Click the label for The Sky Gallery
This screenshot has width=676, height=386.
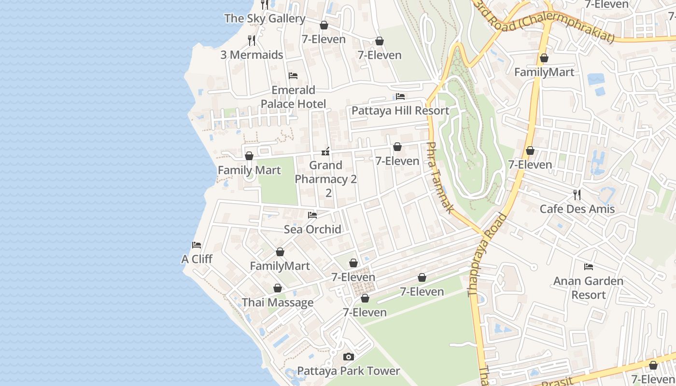265,18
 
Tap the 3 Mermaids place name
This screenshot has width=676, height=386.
252,55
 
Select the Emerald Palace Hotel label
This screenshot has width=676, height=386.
293,97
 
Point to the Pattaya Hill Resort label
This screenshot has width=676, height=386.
400,110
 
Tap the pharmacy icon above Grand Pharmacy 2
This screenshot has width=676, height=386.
326,152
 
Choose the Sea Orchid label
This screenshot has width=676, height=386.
312,229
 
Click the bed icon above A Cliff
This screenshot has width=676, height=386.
197,245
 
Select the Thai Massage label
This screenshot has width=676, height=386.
278,303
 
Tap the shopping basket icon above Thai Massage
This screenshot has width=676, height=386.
278,289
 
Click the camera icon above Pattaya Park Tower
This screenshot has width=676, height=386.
348,357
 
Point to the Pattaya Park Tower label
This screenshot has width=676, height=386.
348,371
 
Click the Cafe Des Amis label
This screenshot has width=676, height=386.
577,209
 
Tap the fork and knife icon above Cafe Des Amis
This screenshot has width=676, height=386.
577,195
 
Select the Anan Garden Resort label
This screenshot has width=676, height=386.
588,288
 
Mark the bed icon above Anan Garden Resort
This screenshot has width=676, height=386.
588,266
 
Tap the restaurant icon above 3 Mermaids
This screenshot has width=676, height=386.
252,41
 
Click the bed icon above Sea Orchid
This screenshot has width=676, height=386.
312,215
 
